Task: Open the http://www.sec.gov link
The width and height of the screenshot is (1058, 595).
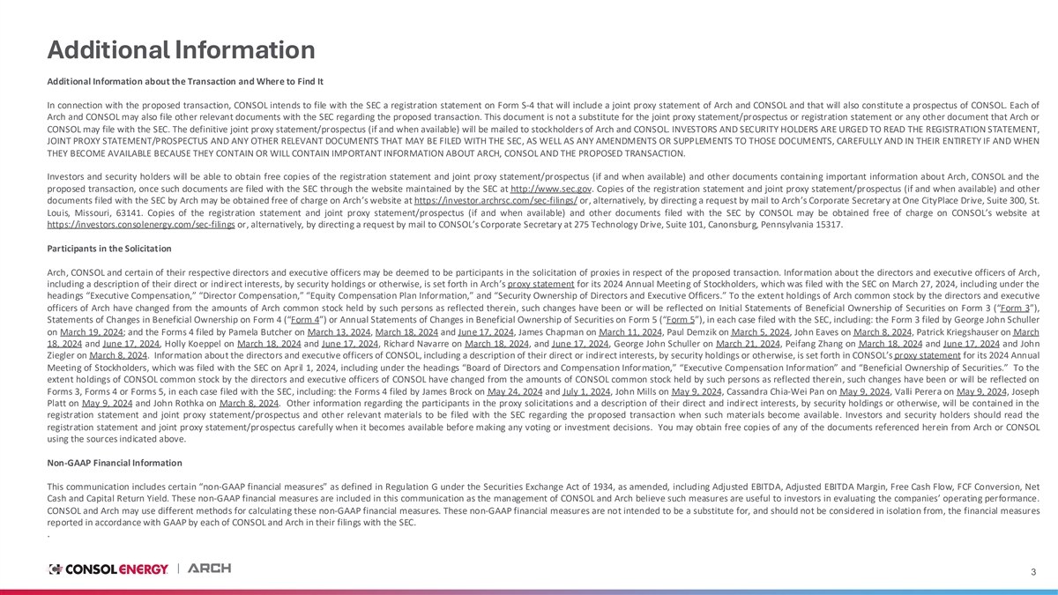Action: pyautogui.click(x=548, y=188)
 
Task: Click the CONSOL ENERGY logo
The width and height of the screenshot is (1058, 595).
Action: pyautogui.click(x=108, y=569)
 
